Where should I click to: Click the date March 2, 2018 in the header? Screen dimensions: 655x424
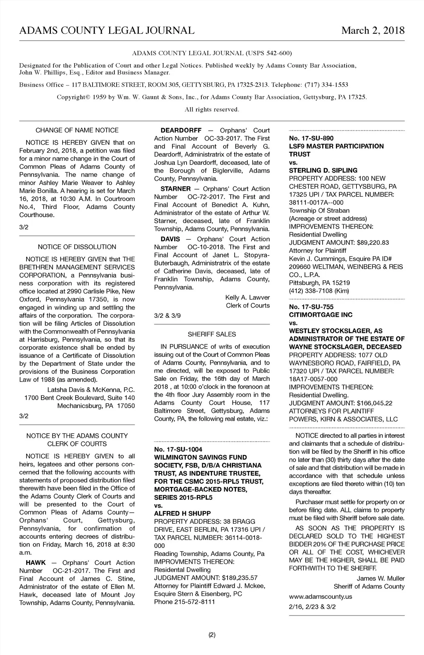pyautogui.click(x=373, y=30)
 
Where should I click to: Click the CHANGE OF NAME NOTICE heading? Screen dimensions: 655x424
pyautogui.click(x=77, y=130)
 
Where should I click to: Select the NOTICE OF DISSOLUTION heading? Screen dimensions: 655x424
pyautogui.click(x=77, y=247)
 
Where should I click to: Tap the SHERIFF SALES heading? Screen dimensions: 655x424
pyautogui.click(x=212, y=334)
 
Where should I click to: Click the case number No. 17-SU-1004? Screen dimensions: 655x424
pyautogui.click(x=178, y=449)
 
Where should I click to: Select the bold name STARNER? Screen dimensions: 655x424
pyautogui.click(x=176, y=189)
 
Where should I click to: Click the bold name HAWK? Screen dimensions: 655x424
pyautogui.click(x=36, y=562)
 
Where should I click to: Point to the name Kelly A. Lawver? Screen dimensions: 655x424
pyautogui.click(x=247, y=297)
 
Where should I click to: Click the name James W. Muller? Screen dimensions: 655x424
pyautogui.click(x=381, y=578)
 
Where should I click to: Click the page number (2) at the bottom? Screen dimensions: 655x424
pyautogui.click(x=212, y=635)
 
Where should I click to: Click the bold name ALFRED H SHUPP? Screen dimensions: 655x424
pyautogui.click(x=182, y=513)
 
